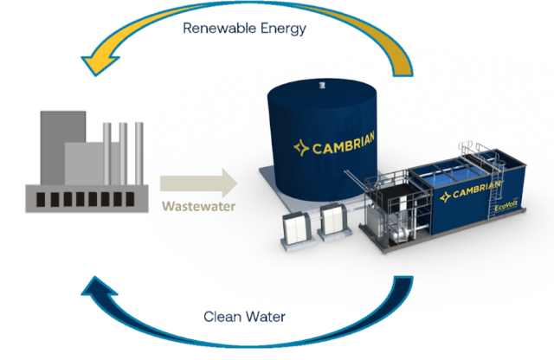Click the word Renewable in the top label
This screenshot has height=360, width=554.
coord(220,28)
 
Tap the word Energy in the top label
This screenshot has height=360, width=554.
coord(283,29)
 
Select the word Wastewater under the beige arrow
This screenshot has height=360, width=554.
coord(199,206)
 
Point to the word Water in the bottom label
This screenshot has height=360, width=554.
coord(266,317)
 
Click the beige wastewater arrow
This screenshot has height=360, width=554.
coord(198,183)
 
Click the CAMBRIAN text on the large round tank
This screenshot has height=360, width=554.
coord(344,143)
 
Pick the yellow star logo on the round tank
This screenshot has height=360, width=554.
coord(301,148)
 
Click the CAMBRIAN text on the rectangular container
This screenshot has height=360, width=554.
coord(476,190)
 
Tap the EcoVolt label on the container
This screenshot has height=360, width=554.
coord(506,205)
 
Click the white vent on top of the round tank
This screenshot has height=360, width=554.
coord(322,85)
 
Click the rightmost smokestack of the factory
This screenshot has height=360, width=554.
coord(139,153)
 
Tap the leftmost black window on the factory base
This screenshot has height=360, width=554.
coord(41,200)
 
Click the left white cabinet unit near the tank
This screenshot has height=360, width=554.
coord(297,229)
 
